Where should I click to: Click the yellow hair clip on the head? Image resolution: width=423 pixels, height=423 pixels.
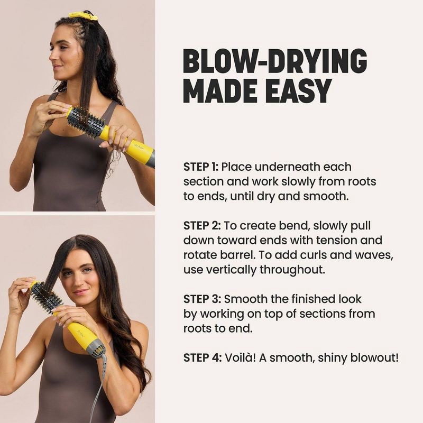83,15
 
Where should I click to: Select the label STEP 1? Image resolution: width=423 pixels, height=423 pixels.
200,167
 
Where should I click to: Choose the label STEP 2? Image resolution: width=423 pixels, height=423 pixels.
201,226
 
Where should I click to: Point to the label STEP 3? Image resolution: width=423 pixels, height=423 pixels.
201,299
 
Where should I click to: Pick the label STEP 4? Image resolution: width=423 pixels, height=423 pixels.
201,357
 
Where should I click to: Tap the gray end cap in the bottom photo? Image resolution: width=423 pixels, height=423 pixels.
96,348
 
